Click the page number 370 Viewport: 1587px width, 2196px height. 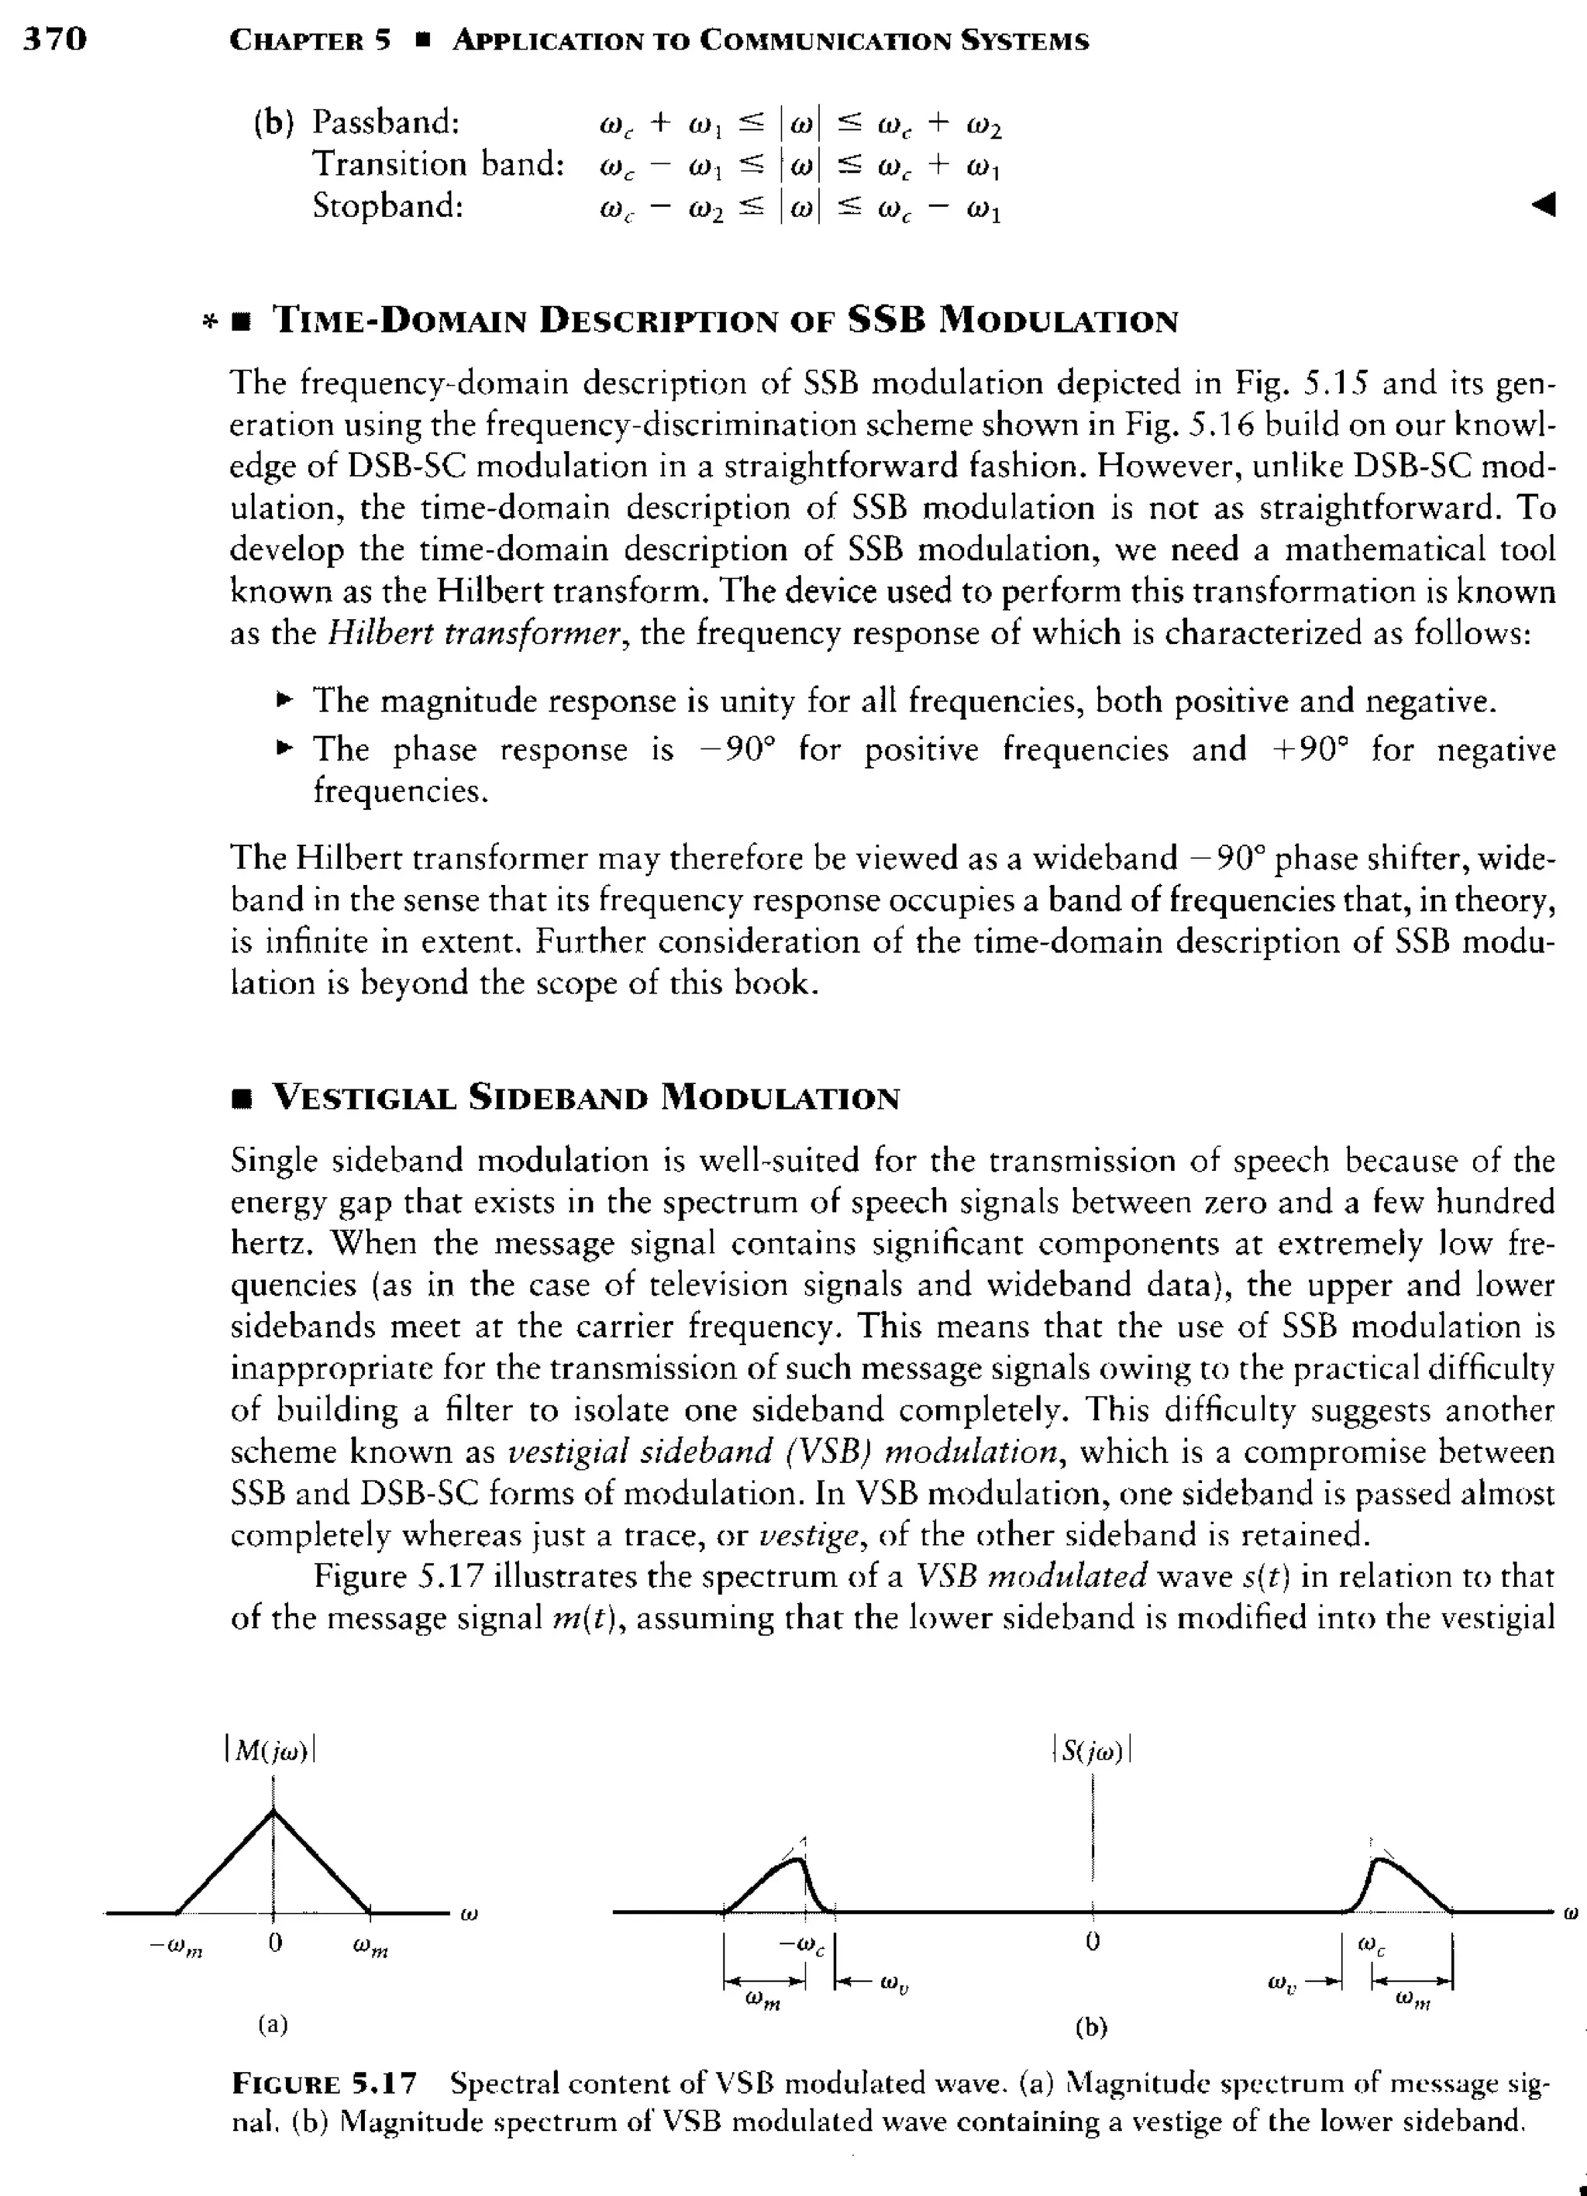[55, 39]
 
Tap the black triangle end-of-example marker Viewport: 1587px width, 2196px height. [1544, 205]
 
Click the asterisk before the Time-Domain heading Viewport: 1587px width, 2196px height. [207, 323]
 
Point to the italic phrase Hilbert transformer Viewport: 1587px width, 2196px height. [473, 634]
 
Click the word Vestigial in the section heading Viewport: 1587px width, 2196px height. [363, 1098]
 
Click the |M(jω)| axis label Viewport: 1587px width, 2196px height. [271, 1750]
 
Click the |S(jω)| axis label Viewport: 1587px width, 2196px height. [1091, 1750]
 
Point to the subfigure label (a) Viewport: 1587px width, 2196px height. [274, 2024]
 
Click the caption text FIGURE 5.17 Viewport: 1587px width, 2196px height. [325, 2084]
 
